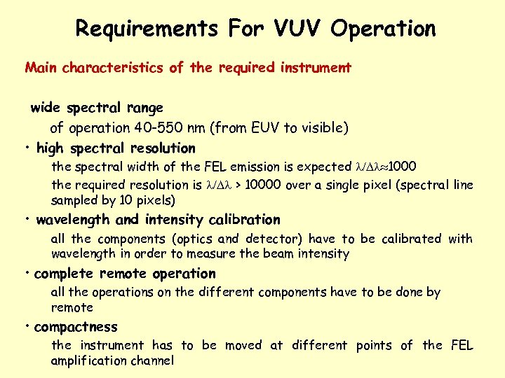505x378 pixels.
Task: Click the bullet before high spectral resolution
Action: coord(26,148)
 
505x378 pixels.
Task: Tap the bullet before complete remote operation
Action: coord(26,273)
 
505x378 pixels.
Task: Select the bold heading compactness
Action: coord(76,327)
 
